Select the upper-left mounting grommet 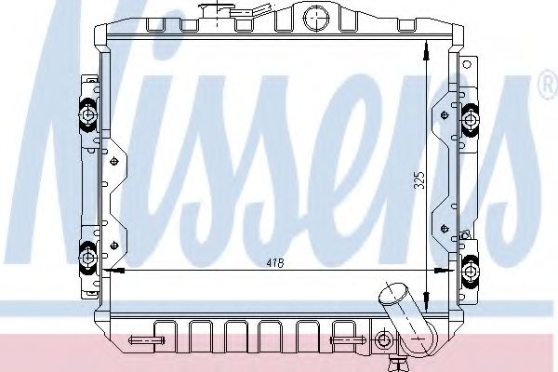88,113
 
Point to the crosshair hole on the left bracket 114,161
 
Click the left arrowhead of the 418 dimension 110,272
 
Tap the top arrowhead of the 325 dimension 427,53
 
